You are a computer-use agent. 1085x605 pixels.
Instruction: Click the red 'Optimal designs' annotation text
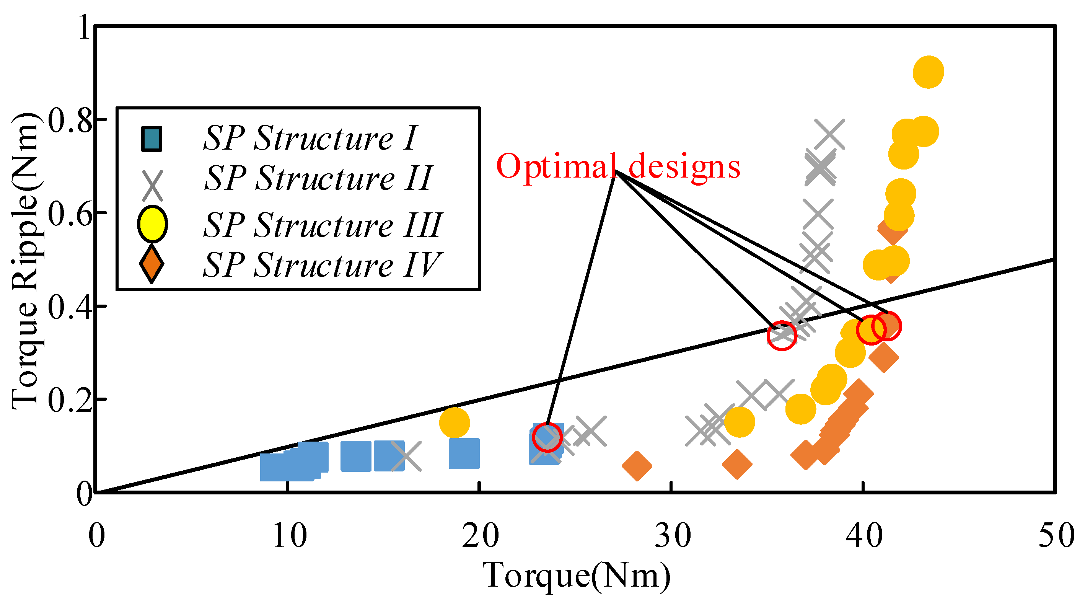coord(618,166)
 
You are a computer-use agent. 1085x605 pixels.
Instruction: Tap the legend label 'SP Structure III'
coord(323,225)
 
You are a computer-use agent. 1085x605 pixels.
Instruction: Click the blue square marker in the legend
coord(152,139)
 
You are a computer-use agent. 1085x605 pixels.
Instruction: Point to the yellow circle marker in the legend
coord(153,224)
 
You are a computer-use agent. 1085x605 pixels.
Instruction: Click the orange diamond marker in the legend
coord(152,264)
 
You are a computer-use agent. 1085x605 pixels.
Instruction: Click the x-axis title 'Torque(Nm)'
coord(576,575)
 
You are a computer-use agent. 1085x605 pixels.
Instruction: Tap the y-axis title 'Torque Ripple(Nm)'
coord(25,261)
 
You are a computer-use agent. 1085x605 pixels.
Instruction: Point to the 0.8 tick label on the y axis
coord(70,120)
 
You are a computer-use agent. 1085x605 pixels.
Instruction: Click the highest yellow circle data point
coord(928,72)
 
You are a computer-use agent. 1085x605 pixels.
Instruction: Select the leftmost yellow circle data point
coord(455,422)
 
